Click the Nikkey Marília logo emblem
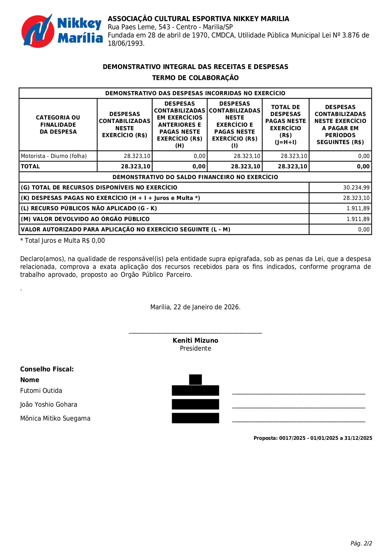[x=37, y=31]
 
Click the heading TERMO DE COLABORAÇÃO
[x=195, y=78]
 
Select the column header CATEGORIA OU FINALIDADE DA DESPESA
[x=58, y=125]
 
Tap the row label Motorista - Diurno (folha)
[x=54, y=156]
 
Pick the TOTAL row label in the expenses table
[x=30, y=166]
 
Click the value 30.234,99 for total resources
[x=356, y=188]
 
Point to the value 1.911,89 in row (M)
[x=358, y=219]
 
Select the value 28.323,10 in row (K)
[x=356, y=198]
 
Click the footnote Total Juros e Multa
[x=62, y=241]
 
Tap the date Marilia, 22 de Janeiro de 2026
[x=195, y=307]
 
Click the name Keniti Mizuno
[x=195, y=341]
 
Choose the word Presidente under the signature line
[x=195, y=348]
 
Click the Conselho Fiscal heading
[x=47, y=369]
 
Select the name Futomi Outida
[x=41, y=391]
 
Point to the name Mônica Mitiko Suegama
[x=55, y=418]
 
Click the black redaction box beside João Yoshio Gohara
[x=195, y=404]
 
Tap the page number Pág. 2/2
[x=361, y=543]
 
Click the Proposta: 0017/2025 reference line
[x=313, y=438]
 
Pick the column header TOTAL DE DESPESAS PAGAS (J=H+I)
[x=285, y=125]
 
